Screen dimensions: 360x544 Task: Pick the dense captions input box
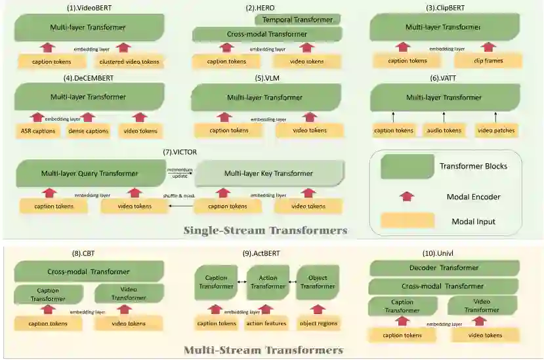(x=88, y=130)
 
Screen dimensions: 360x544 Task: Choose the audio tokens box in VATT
(x=444, y=130)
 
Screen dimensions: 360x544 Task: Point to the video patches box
(x=495, y=130)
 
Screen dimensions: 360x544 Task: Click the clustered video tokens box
(x=129, y=62)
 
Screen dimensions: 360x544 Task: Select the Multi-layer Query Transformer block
(x=89, y=174)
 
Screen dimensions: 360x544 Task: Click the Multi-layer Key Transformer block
(x=268, y=174)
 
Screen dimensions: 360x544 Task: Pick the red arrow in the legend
(x=407, y=196)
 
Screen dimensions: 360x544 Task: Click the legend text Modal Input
(x=473, y=222)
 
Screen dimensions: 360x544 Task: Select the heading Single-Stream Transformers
(x=265, y=230)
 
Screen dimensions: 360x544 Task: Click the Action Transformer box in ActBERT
(x=268, y=282)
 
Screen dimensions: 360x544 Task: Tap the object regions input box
(x=318, y=323)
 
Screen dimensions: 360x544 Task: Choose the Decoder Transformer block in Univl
(x=444, y=268)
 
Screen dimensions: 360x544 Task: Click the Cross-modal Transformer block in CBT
(x=89, y=271)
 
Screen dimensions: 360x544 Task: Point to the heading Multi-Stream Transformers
(x=262, y=350)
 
